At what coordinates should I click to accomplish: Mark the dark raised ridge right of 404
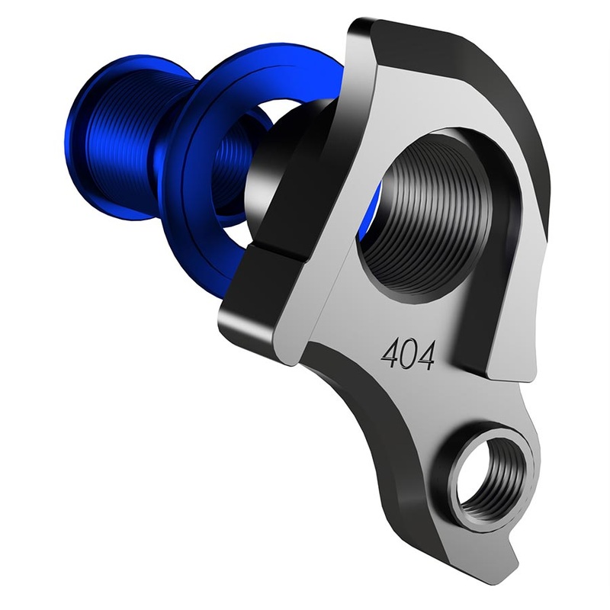[x=477, y=335]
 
